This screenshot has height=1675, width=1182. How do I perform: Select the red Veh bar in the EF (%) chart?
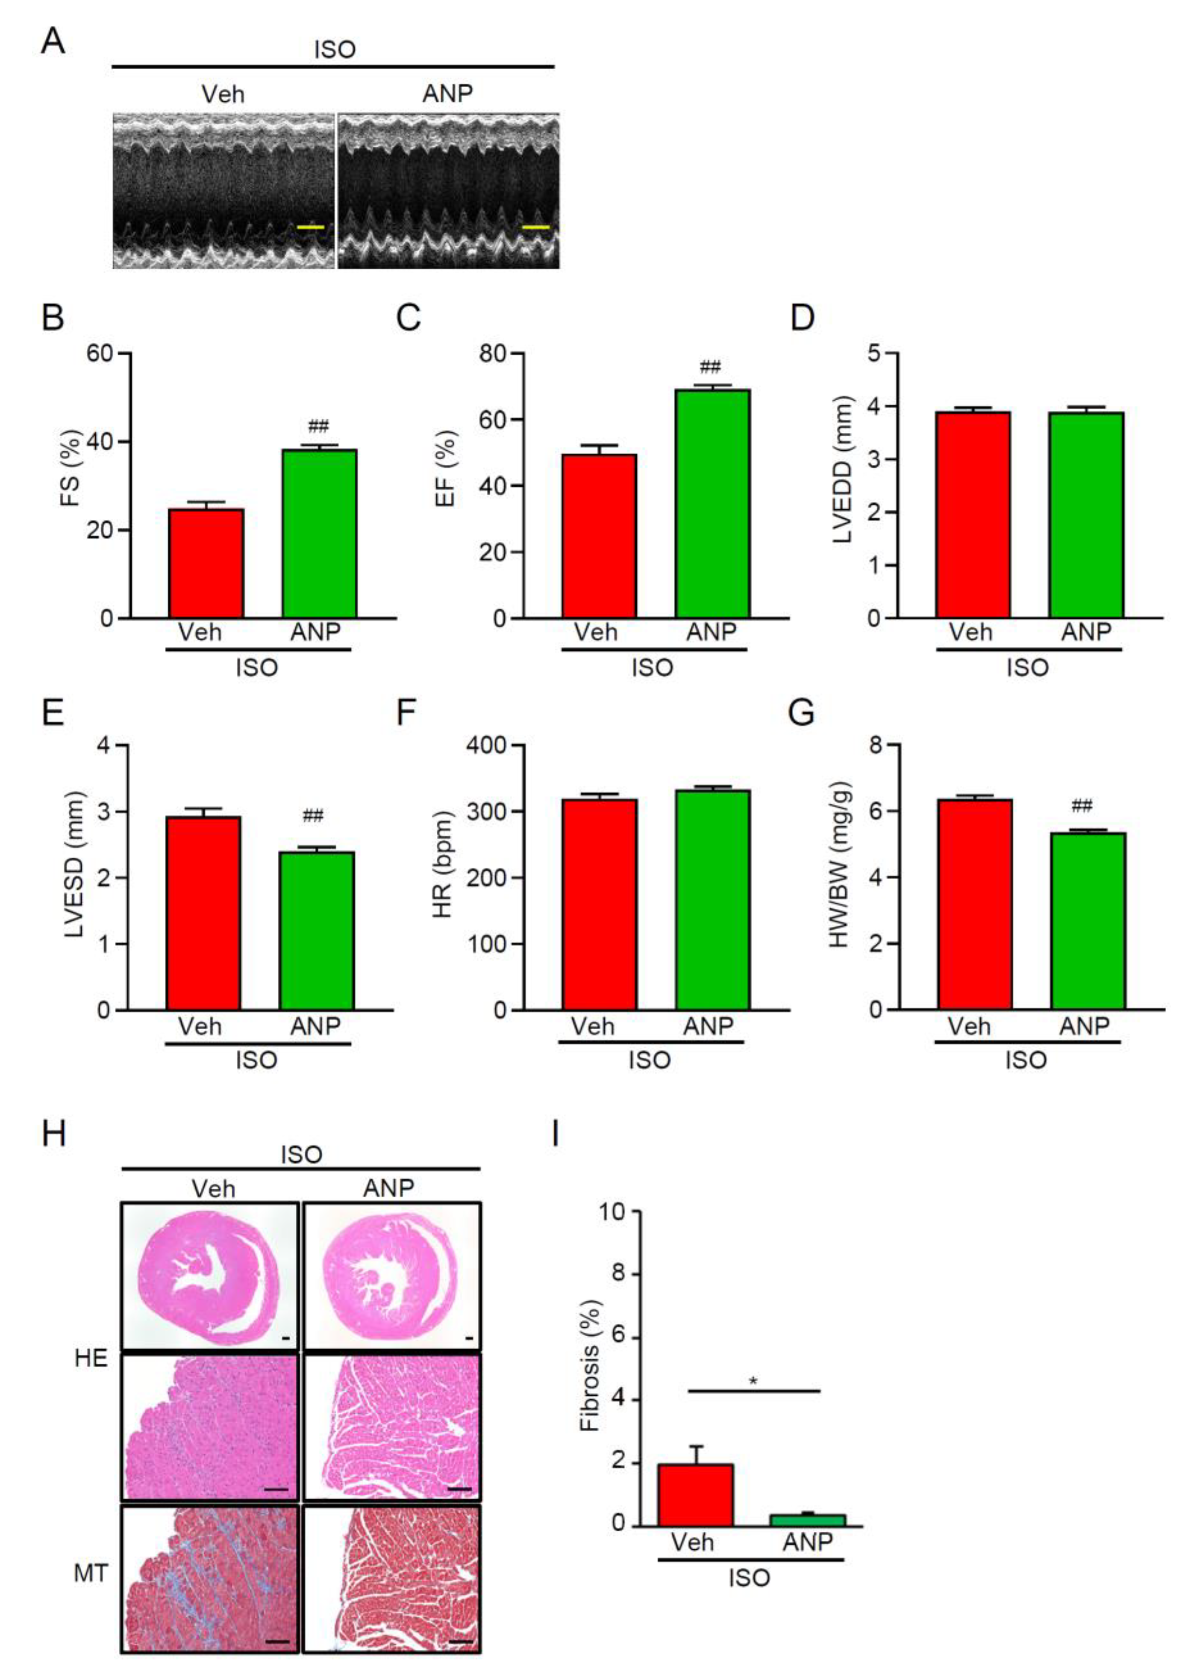(599, 536)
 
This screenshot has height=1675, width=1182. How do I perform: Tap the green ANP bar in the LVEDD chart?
(1086, 515)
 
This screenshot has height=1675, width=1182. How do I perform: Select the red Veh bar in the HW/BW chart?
(975, 904)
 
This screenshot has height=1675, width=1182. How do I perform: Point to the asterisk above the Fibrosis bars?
(753, 1381)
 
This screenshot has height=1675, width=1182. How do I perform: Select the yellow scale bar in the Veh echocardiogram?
(310, 227)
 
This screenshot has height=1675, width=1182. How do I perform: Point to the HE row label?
(91, 1359)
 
